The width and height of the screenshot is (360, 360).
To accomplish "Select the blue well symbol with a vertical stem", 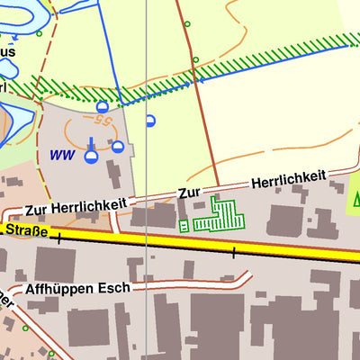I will [91, 156].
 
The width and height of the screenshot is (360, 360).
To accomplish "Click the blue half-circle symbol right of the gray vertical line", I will [150, 120].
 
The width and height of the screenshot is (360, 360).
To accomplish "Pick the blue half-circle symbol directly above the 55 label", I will [103, 106].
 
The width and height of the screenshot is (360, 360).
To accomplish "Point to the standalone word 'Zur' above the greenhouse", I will [189, 193].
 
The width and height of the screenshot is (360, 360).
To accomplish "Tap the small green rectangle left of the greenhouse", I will [184, 225].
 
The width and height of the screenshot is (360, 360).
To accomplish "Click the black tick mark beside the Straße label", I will [59, 238].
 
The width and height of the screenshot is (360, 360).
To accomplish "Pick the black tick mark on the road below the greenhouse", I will [233, 253].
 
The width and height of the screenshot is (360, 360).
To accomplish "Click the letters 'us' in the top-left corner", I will [7, 52].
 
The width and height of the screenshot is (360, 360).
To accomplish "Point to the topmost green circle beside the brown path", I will [187, 23].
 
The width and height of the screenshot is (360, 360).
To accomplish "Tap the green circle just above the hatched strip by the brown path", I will [195, 60].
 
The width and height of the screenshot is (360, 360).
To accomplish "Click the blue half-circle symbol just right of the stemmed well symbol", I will [118, 146].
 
